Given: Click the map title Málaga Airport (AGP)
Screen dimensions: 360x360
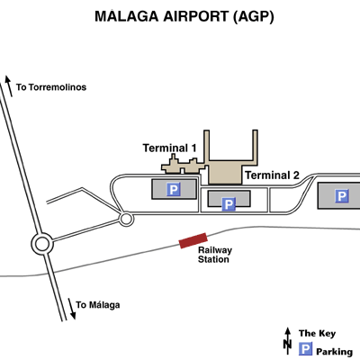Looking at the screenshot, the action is (x=184, y=16).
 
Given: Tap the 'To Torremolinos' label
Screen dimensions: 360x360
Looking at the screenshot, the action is (x=51, y=87).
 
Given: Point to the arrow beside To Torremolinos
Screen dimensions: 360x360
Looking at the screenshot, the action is (x=9, y=86).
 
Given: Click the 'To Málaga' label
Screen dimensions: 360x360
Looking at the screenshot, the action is (x=98, y=305).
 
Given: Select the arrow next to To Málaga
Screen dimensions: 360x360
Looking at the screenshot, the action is (x=72, y=309).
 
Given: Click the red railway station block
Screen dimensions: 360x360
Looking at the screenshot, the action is (x=193, y=240).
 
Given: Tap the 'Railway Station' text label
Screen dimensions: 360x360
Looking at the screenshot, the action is (x=215, y=255).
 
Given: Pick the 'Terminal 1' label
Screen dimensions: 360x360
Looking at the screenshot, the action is (x=169, y=148).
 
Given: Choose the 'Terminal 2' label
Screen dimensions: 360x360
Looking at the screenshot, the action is (x=273, y=175).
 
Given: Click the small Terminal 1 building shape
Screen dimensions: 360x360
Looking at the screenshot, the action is (x=182, y=166).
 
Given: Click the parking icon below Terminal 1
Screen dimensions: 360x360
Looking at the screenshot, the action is (x=174, y=189).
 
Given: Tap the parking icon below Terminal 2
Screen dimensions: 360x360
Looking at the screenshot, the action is (x=229, y=204).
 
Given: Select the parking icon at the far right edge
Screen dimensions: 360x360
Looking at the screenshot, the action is (x=341, y=196).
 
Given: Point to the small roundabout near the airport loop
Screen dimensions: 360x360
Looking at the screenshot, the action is (x=126, y=219).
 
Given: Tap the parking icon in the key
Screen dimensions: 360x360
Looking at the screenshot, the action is (x=306, y=349).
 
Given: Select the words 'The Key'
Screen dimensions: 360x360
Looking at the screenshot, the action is (x=317, y=333).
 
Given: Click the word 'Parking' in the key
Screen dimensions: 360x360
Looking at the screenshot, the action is (x=334, y=351).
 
